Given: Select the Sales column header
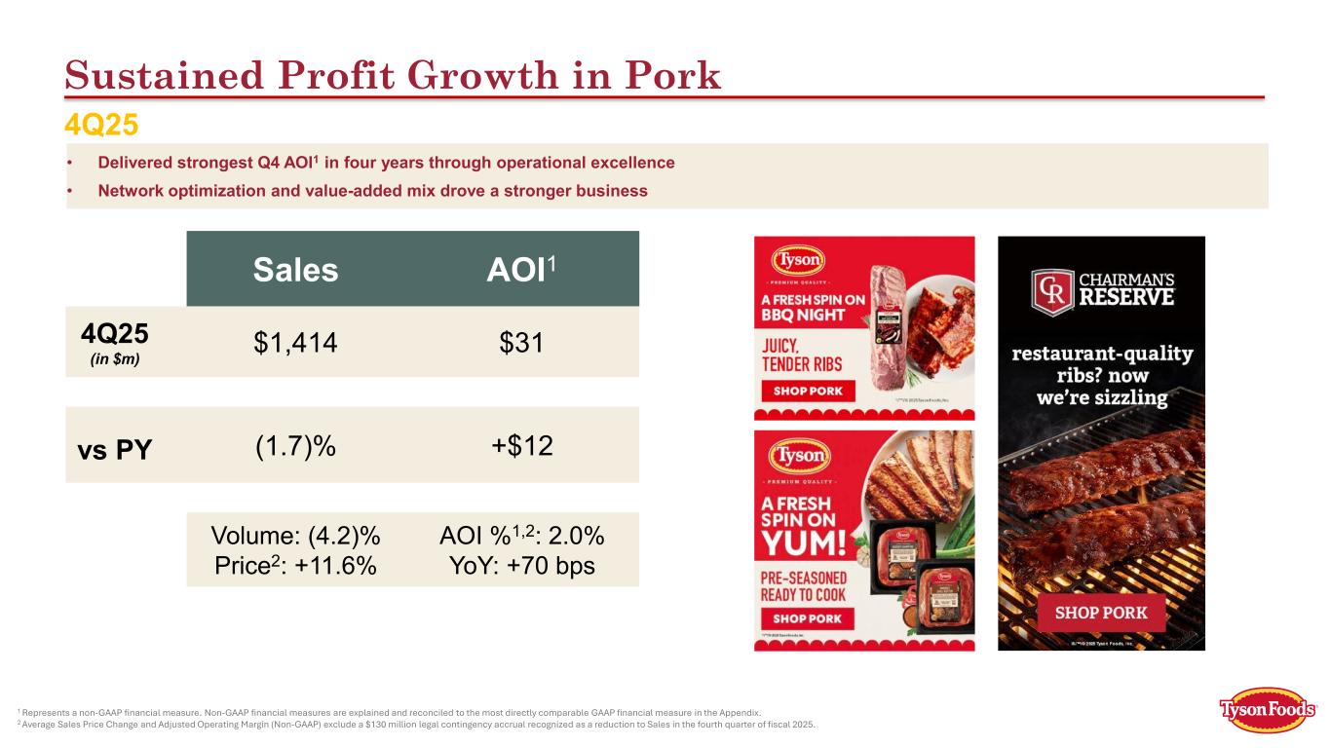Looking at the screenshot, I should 295,270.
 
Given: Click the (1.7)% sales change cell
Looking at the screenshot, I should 295,446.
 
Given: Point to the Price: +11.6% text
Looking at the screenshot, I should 295,566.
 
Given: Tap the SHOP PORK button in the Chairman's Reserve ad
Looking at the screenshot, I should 1100,614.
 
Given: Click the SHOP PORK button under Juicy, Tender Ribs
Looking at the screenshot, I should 807,392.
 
